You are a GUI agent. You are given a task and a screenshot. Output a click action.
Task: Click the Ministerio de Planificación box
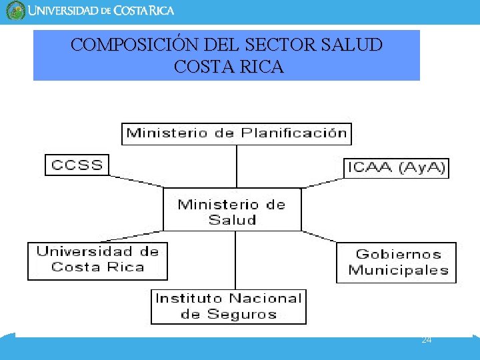point(237,133)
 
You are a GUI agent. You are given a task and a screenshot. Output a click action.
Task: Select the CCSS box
point(77,165)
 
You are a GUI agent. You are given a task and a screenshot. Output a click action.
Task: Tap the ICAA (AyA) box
point(396,168)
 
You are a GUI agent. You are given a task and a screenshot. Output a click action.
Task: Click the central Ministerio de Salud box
point(232,210)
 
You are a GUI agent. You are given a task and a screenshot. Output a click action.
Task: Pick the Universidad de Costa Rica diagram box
point(97,260)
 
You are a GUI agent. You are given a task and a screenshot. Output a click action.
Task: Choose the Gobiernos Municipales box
point(397,263)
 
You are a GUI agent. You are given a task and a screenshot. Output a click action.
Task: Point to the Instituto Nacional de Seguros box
point(229,307)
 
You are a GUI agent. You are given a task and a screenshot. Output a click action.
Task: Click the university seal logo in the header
point(15,11)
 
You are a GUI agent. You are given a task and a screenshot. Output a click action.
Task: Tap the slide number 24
point(427,340)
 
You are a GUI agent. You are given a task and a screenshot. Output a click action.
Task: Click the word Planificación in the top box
point(294,133)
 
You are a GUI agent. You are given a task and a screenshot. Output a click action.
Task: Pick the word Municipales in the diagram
point(398,271)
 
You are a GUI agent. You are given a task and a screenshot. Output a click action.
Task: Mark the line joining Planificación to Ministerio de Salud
point(237,167)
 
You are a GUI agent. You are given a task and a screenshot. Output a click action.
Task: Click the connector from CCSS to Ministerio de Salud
point(137,180)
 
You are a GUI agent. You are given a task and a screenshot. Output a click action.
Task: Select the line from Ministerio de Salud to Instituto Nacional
point(235,260)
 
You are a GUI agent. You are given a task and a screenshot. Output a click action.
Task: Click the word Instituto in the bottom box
point(189,299)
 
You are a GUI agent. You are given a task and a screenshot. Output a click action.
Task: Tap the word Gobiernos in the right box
point(398,254)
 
